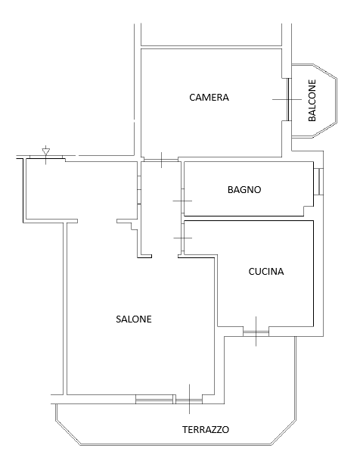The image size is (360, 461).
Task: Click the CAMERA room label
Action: click(x=209, y=98)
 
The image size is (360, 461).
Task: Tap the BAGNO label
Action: click(x=244, y=190)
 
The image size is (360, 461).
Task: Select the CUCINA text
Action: click(x=266, y=271)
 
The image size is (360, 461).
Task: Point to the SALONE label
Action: click(x=134, y=319)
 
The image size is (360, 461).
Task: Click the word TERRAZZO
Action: click(x=206, y=429)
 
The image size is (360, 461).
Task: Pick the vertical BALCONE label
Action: click(x=312, y=100)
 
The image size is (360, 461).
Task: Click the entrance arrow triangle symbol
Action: click(x=46, y=151)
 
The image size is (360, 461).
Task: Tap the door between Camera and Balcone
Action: click(x=289, y=99)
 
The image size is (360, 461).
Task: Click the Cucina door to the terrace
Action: click(x=256, y=333)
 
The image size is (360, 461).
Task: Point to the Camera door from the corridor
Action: click(x=161, y=160)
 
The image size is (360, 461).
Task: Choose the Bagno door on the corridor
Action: click(x=182, y=201)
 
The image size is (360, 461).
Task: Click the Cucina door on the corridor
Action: click(x=182, y=238)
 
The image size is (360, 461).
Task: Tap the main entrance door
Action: click(x=45, y=158)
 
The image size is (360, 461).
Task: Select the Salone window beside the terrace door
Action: click(x=154, y=399)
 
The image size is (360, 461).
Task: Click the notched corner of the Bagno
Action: click(x=308, y=210)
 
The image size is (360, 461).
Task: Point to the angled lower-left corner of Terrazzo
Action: click(x=68, y=433)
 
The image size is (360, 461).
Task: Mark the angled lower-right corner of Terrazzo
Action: click(x=284, y=432)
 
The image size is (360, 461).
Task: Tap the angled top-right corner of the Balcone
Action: click(x=325, y=71)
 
